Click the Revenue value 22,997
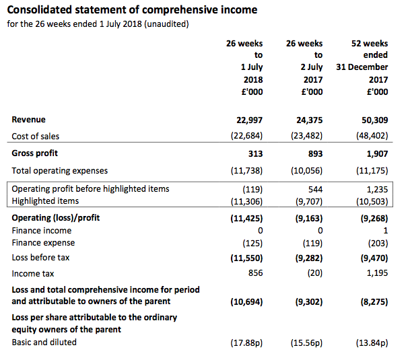249,120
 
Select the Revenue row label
29,120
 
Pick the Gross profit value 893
315,153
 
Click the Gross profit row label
34,153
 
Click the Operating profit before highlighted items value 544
315,189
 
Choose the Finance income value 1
385,230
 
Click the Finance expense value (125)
252,243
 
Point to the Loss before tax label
40,258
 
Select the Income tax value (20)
315,273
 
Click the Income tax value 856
256,273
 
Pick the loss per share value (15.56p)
306,343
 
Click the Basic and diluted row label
44,343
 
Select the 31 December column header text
362,67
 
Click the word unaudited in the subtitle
166,24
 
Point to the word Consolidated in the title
39,10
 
